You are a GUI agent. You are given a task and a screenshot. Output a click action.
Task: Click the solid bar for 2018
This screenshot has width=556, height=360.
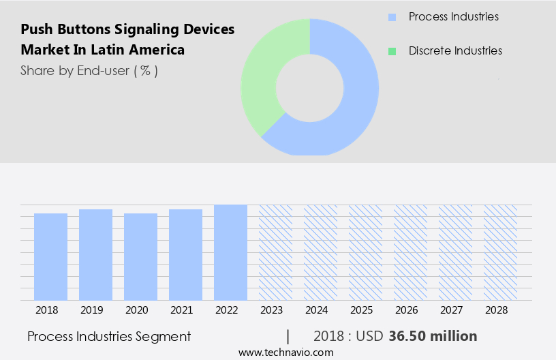pos(50,256)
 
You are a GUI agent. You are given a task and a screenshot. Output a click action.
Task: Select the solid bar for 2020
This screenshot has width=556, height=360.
pos(140,256)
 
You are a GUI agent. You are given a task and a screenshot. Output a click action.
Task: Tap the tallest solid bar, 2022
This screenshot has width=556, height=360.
pos(230,252)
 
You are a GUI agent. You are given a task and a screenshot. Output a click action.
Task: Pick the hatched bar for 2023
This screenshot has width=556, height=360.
pos(275,252)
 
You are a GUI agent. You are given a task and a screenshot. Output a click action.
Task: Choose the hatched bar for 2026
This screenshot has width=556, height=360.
pos(410,252)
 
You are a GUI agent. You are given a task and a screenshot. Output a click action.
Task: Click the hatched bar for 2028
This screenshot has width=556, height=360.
pos(500,252)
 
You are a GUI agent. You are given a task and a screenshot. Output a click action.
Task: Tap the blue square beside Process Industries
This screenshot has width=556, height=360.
pos(391,16)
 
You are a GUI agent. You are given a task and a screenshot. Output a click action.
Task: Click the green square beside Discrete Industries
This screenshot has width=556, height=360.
pos(391,51)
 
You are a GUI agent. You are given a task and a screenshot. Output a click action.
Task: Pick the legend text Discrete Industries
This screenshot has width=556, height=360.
pos(455,51)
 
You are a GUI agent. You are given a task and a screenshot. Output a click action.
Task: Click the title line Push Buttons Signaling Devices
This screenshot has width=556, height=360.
pos(127,29)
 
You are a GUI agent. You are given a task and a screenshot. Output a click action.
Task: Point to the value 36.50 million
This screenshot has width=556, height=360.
pos(433,336)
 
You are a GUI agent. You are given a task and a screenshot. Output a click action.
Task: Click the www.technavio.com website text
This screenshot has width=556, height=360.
pos(286,352)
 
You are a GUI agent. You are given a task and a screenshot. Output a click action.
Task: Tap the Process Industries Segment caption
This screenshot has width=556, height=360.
pos(109,336)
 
